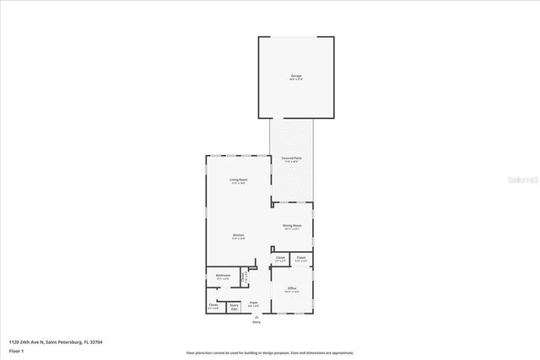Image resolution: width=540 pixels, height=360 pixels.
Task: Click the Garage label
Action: (x=295, y=77)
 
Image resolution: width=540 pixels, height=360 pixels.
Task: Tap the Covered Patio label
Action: (x=292, y=159)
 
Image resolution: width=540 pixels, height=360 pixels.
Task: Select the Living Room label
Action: (x=238, y=180)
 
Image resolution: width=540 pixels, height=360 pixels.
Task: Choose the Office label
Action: (x=292, y=289)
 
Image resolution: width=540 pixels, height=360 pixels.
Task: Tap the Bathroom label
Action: (x=223, y=276)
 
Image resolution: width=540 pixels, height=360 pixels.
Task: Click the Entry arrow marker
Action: (x=257, y=317)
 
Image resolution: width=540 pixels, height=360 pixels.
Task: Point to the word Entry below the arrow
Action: (x=257, y=323)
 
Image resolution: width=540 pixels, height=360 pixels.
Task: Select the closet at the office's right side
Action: (x=301, y=260)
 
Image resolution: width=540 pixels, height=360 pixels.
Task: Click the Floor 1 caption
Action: (x=16, y=350)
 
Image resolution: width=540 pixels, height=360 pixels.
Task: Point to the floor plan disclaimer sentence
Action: (x=270, y=353)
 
